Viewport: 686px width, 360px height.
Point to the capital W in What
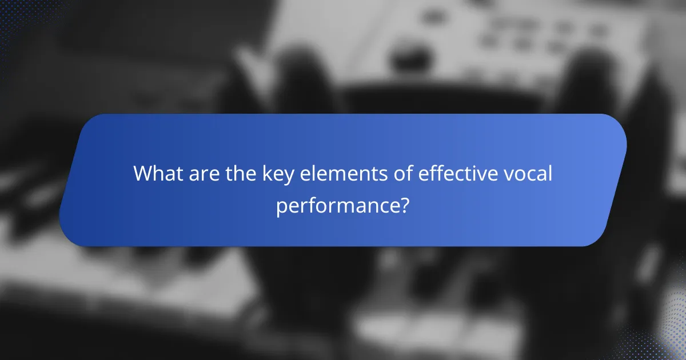(x=143, y=174)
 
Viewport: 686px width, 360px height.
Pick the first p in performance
(x=281, y=207)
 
